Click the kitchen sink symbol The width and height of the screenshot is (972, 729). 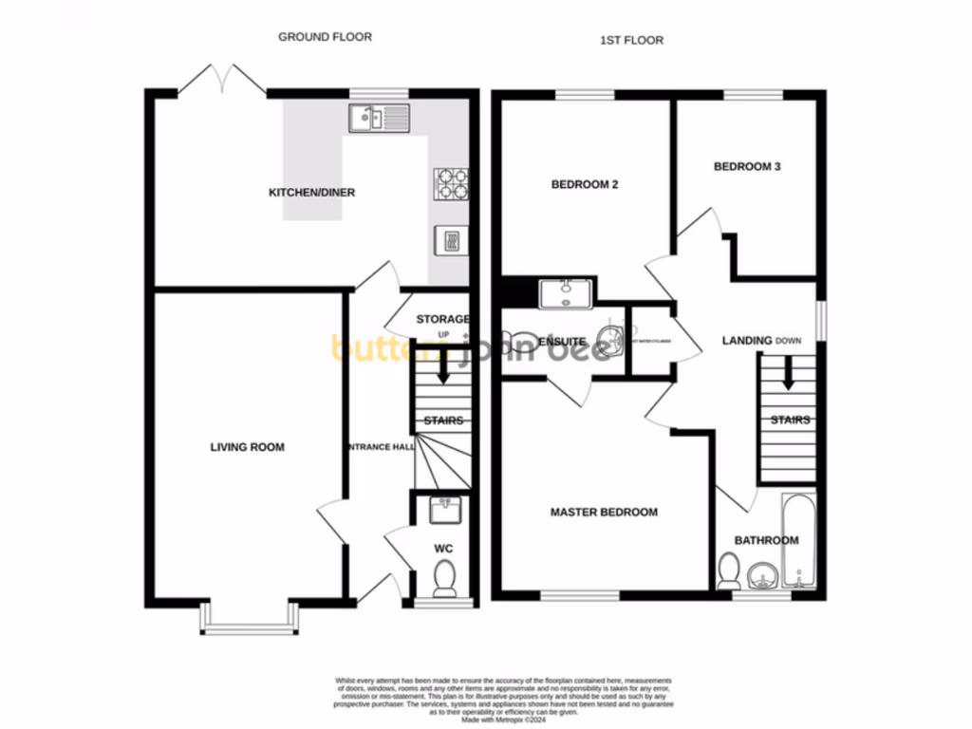[x=379, y=118]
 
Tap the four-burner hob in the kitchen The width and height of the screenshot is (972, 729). [x=451, y=183]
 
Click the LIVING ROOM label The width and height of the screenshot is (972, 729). [x=247, y=447]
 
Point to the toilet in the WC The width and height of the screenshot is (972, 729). [x=443, y=576]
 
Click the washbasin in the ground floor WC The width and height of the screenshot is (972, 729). [x=443, y=511]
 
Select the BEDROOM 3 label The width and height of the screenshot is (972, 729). [x=747, y=167]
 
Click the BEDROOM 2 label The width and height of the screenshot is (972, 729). [x=585, y=185]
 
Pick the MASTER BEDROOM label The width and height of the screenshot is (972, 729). [x=604, y=513]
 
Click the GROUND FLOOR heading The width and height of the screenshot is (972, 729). [x=325, y=37]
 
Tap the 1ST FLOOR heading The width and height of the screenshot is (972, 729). [x=631, y=40]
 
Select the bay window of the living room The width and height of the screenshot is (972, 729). [x=249, y=622]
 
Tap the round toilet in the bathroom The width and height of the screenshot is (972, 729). [x=730, y=570]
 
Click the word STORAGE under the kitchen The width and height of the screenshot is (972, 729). [x=442, y=319]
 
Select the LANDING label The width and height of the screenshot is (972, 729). [x=747, y=341]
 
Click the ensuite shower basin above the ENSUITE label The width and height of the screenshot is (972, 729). [x=566, y=293]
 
